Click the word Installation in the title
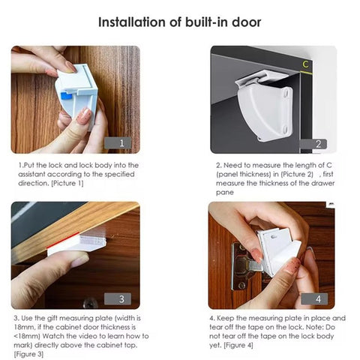[x=133, y=22]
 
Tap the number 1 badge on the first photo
[x=121, y=142]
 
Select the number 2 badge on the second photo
[x=318, y=144]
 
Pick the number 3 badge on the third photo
[x=121, y=299]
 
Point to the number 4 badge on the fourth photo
[x=318, y=299]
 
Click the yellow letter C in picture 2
[x=305, y=64]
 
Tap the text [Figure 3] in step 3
[x=31, y=354]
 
